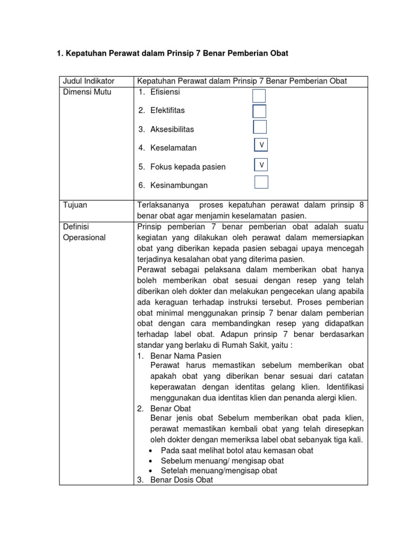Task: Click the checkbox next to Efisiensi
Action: point(259,96)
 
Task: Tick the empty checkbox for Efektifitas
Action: point(259,111)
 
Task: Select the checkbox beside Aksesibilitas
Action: point(260,127)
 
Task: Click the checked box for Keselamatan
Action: point(261,144)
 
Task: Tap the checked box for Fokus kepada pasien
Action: point(261,165)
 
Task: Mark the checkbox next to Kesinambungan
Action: point(261,182)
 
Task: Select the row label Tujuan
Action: point(75,205)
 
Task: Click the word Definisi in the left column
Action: point(77,226)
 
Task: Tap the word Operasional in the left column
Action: point(84,237)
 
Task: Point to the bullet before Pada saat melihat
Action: point(152,451)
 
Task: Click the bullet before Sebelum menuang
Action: point(152,461)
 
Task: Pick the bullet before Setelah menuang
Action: point(152,471)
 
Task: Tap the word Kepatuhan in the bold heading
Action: point(85,54)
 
